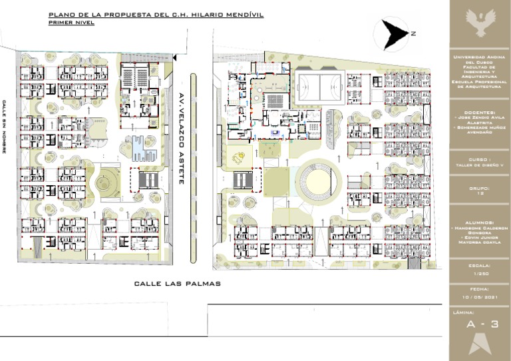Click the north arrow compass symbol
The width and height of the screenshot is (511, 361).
tap(391, 33)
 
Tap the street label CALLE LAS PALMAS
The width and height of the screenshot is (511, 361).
tap(177, 284)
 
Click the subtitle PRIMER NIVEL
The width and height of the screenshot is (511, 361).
tap(71, 23)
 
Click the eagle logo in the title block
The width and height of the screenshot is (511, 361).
tap(480, 24)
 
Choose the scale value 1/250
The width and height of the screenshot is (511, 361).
tap(480, 274)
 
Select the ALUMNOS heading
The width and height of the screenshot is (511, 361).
tap(480, 222)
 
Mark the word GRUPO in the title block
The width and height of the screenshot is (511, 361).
tap(479, 188)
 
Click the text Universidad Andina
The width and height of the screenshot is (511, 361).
tap(480, 58)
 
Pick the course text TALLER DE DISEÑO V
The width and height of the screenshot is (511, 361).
tap(480, 167)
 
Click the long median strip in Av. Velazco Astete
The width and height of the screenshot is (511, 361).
tap(194, 167)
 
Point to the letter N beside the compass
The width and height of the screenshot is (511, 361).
tap(413, 33)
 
